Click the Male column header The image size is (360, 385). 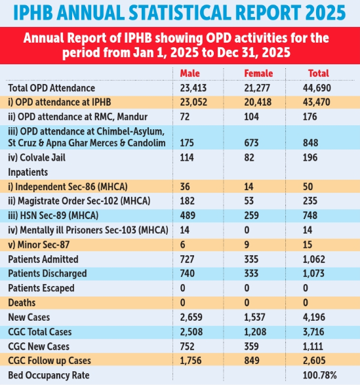coord(190,73)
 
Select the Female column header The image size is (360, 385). coord(258,73)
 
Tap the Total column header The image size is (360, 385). coord(319,73)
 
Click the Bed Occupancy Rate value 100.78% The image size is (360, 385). coord(320,375)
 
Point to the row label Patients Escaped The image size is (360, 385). coord(41,288)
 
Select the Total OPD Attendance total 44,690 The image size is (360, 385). coord(317,88)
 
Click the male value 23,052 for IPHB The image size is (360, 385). coord(193,102)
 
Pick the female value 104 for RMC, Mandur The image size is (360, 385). coord(251,117)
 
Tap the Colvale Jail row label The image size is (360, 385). coord(37,157)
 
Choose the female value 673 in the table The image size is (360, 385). coord(251,143)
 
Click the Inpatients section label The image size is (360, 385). coord(28,172)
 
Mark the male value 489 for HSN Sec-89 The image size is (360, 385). coord(188,215)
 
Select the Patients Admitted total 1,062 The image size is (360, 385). coord(314,259)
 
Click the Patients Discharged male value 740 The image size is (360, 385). coord(188,274)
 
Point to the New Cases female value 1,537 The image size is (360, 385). coord(254,317)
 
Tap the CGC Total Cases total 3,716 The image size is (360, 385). coord(313,332)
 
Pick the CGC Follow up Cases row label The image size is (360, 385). coord(50,361)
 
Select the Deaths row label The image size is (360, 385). coord(22,303)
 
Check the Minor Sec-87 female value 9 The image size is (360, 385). coord(247,245)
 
